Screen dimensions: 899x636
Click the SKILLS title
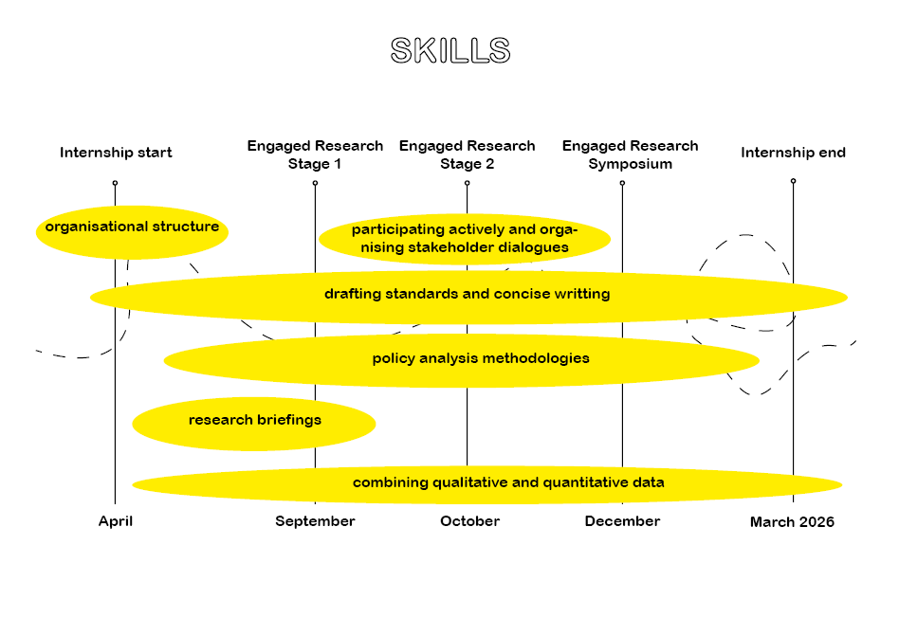[x=450, y=51]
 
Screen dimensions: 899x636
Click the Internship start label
[x=116, y=153]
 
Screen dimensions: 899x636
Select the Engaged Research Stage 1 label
[x=315, y=154]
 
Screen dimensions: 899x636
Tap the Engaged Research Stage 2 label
[x=467, y=154]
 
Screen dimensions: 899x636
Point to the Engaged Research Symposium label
[x=630, y=154]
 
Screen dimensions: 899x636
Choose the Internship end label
[x=793, y=153]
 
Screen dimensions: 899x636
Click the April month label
[x=116, y=521]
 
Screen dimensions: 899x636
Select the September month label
[x=315, y=521]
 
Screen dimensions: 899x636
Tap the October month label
[x=469, y=521]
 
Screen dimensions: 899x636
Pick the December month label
[x=622, y=521]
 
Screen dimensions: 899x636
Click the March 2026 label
[x=792, y=522]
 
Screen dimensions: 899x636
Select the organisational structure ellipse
[x=132, y=227]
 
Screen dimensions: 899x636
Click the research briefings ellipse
[x=254, y=421]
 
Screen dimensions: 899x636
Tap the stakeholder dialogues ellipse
[x=464, y=239]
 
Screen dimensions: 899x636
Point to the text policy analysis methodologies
[x=481, y=358]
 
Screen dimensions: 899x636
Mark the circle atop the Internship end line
[x=793, y=180]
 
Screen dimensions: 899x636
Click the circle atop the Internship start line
[x=115, y=182]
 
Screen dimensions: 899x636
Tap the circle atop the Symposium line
[x=622, y=183]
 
